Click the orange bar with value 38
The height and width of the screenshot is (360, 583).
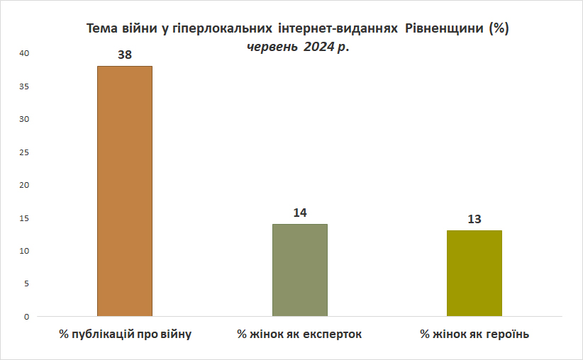(x=125, y=191)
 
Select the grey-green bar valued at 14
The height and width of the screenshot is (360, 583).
(x=300, y=270)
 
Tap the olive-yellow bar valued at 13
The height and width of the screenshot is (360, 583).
(x=474, y=274)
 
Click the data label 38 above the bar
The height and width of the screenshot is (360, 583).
(x=125, y=55)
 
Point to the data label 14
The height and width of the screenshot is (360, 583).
(x=300, y=213)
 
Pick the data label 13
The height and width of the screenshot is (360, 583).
(x=474, y=219)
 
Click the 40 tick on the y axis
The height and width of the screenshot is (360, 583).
(x=24, y=53)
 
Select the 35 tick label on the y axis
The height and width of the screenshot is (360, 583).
(x=24, y=86)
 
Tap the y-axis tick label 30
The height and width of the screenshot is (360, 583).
(x=24, y=119)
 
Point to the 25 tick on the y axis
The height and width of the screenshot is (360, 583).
(x=24, y=152)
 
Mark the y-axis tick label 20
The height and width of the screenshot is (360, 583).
(x=24, y=185)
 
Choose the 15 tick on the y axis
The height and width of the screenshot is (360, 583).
(x=24, y=218)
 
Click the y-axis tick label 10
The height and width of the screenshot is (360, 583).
(x=24, y=251)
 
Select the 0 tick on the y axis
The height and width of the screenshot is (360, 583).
(x=27, y=317)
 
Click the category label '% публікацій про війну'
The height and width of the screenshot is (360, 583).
(x=125, y=334)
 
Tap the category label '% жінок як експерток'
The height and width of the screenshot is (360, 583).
(x=299, y=334)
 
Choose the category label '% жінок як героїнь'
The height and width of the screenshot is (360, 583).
(x=474, y=334)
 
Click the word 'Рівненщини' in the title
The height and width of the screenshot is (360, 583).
(x=444, y=28)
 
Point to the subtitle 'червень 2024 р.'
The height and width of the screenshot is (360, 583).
(x=298, y=47)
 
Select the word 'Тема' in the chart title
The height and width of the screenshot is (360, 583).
(x=101, y=28)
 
